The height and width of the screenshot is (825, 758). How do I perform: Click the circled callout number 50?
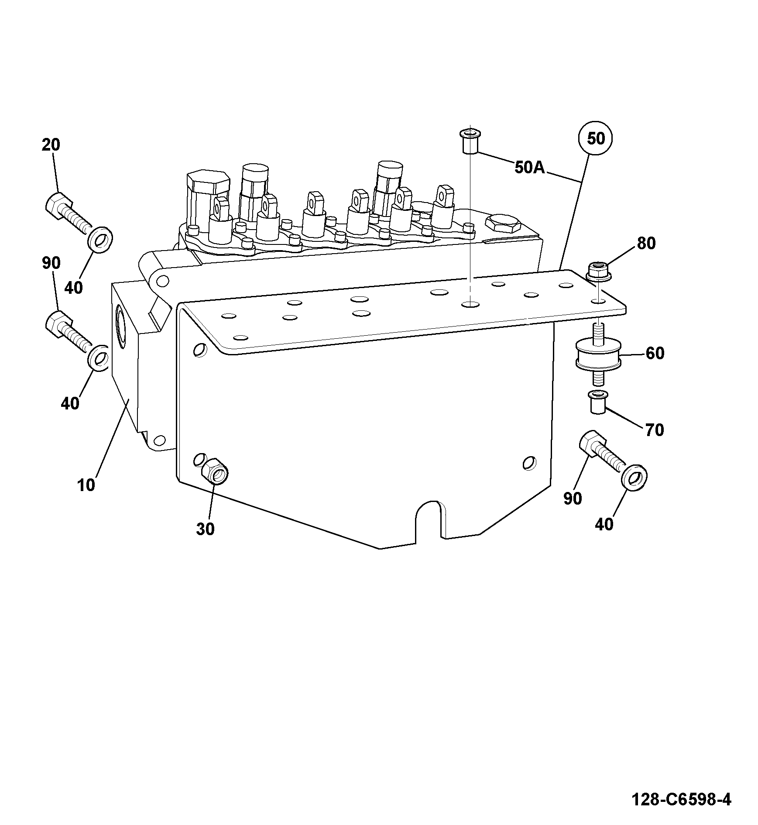(x=595, y=138)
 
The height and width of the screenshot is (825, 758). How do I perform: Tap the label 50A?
(x=530, y=167)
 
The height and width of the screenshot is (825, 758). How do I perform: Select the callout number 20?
(x=51, y=144)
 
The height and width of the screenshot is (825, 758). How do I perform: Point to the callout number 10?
(x=86, y=485)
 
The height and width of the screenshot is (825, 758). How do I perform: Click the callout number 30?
(x=205, y=529)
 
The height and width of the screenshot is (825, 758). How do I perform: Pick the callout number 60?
(x=655, y=353)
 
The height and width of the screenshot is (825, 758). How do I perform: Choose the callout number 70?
(x=654, y=430)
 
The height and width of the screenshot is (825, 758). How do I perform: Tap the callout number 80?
(x=646, y=243)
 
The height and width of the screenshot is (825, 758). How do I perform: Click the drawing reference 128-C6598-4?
(x=681, y=800)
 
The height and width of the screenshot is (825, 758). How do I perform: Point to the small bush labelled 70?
(x=597, y=402)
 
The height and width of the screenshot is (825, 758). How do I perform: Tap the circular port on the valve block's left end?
(x=121, y=327)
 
